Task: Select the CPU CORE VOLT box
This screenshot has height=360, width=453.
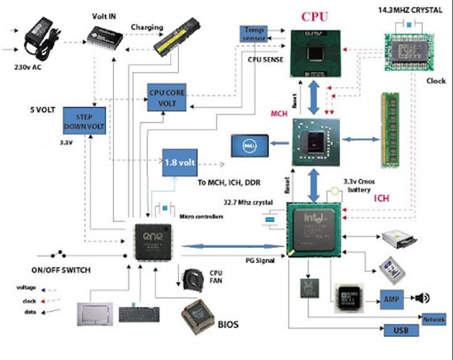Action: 168,97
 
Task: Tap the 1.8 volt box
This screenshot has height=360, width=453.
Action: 180,162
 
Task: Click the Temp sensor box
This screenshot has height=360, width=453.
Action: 254,34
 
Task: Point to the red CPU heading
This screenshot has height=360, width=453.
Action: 314,17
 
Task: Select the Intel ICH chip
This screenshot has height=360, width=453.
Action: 315,229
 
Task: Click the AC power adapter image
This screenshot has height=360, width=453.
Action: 42,36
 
